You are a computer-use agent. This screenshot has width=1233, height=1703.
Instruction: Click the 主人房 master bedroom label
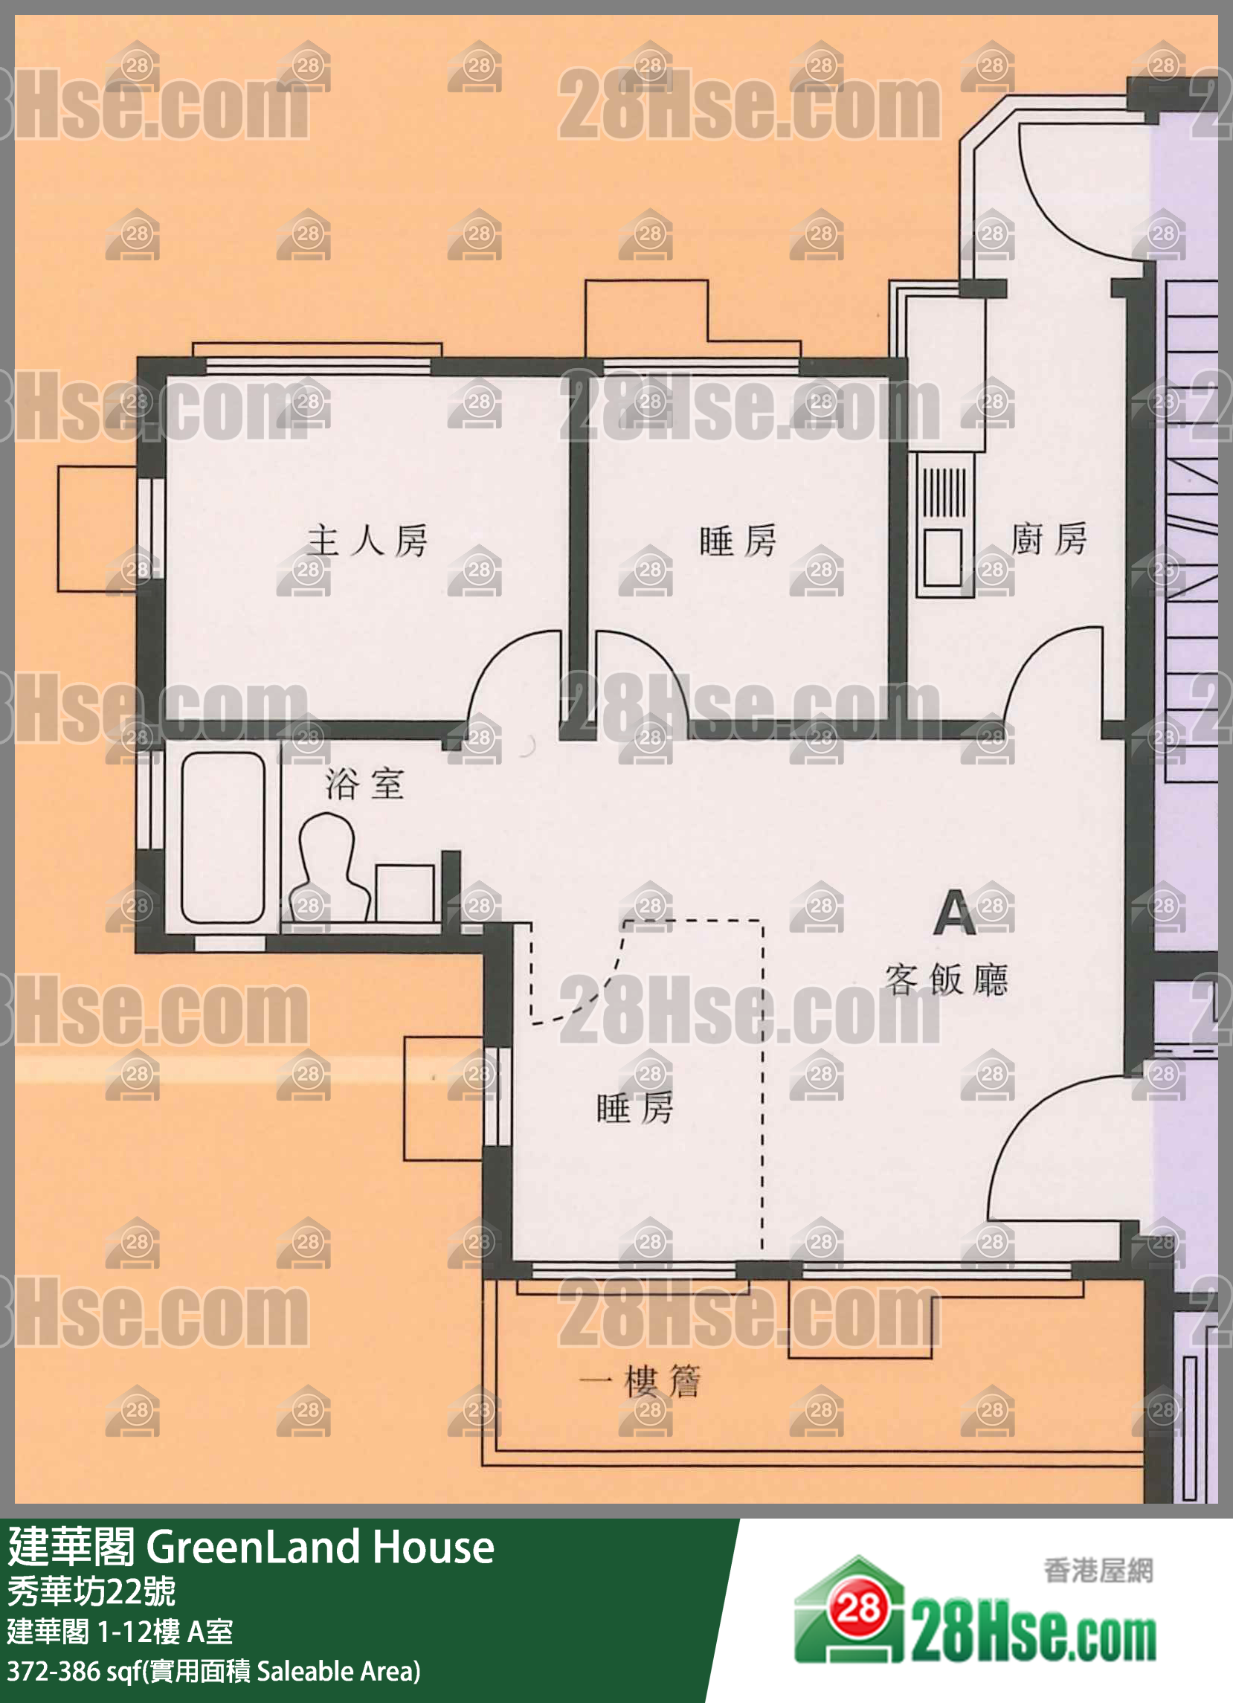(367, 541)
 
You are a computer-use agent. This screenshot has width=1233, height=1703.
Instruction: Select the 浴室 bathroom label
(365, 784)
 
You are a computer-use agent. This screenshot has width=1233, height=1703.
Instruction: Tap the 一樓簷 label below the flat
(640, 1382)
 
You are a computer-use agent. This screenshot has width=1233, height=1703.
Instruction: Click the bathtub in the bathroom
(222, 837)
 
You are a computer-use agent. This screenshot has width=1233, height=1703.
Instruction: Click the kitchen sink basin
(942, 556)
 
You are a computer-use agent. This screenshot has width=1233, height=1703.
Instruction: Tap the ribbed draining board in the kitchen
(943, 492)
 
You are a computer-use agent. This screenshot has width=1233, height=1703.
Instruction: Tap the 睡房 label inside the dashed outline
(634, 1108)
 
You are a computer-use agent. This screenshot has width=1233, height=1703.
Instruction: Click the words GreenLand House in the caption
(320, 1548)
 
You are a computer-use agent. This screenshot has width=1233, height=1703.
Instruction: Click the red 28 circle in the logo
(858, 1609)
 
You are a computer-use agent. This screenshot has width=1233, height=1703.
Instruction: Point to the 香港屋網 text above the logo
(1097, 1570)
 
